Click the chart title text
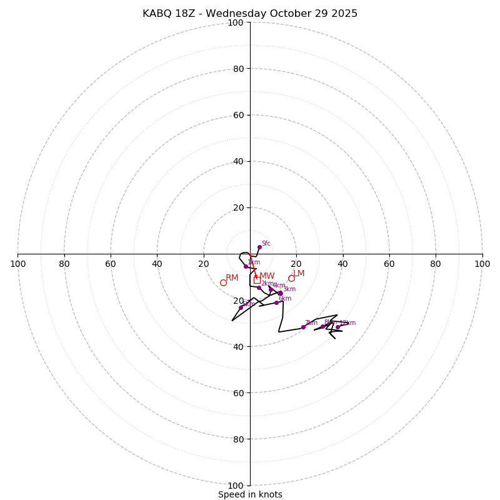pos(250,14)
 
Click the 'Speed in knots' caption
pos(250,494)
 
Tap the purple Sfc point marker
pos(259,247)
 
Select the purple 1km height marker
pos(246,266)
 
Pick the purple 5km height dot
pos(241,307)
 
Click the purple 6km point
pos(276,302)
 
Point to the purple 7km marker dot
pos(303,327)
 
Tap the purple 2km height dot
pos(259,287)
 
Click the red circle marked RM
pos(223,282)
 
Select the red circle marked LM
pos(291,278)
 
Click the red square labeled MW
pos(257,281)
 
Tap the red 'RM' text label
pos(232,277)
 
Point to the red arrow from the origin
pos(253,266)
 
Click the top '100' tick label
pos(236,22)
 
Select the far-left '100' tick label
pos(17,264)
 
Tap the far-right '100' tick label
pos(482,264)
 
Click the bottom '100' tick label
pos(236,486)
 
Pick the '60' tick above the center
pos(238,115)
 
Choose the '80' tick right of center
pos(436,264)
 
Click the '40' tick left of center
pos(157,264)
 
